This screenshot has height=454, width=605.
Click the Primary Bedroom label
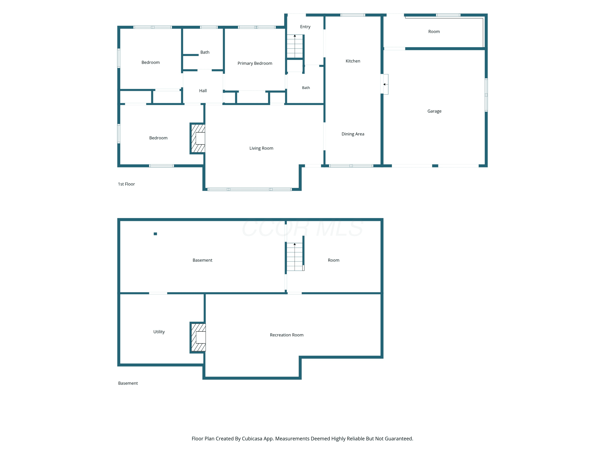click(x=255, y=63)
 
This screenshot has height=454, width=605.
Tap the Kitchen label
click(x=353, y=61)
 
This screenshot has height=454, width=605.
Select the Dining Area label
click(x=353, y=134)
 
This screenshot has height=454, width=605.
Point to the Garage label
click(x=434, y=111)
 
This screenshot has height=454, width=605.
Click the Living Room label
click(x=261, y=148)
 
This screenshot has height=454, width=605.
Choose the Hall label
click(x=203, y=91)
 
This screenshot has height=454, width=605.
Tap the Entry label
click(x=305, y=27)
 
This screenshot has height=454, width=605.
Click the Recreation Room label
click(x=287, y=335)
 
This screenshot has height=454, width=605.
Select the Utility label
click(x=159, y=332)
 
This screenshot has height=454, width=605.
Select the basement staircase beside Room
click(x=295, y=257)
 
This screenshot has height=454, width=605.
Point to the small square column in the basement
click(x=155, y=234)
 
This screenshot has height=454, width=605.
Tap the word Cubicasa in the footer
click(x=252, y=439)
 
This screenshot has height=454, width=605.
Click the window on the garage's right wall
click(x=486, y=95)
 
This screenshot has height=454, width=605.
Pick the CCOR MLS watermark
click(x=302, y=228)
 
